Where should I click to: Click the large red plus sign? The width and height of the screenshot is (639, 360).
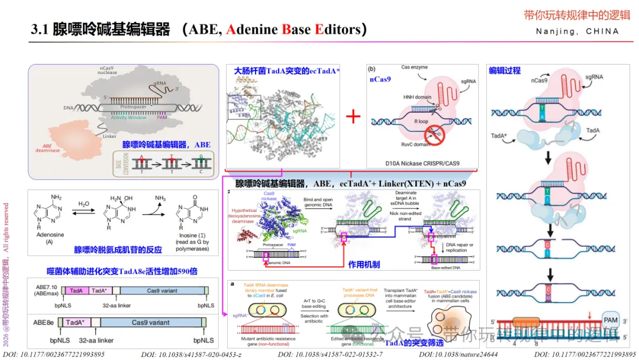353,115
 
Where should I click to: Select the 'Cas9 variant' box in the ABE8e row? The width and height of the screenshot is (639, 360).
151,323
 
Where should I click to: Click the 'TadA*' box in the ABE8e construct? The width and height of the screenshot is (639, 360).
75,323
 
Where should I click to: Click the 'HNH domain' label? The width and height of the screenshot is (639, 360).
417,97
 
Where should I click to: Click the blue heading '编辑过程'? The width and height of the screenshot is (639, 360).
505,70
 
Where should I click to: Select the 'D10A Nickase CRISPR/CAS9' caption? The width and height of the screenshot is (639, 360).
422,163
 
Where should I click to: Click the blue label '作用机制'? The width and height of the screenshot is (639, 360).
364,265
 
